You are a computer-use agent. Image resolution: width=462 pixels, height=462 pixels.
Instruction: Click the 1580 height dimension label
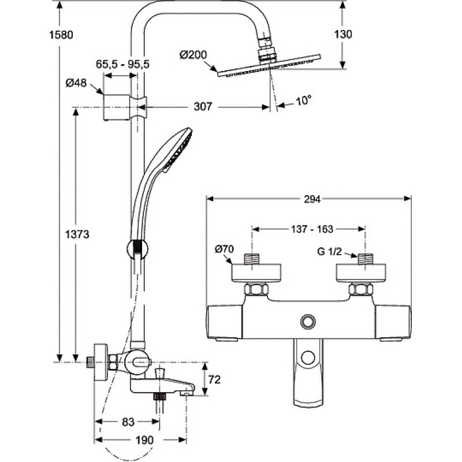(61, 35)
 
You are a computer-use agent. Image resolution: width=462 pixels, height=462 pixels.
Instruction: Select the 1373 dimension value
(77, 234)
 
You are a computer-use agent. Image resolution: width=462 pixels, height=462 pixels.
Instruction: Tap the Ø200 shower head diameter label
(193, 55)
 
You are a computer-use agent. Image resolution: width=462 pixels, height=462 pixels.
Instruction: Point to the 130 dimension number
(343, 34)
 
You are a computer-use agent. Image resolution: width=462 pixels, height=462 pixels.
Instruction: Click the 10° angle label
(303, 100)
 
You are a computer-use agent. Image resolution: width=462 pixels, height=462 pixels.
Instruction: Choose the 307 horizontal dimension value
(203, 106)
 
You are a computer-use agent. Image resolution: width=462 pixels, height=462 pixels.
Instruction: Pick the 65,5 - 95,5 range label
(122, 64)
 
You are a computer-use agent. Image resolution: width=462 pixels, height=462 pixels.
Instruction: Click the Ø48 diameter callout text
(76, 83)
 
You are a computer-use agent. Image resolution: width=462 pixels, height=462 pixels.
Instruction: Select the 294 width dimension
(312, 199)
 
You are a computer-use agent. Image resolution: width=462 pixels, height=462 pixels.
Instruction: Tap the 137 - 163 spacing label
(312, 229)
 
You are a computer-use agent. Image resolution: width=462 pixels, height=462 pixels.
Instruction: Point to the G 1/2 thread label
(329, 251)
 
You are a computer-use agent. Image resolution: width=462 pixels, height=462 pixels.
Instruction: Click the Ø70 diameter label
(224, 249)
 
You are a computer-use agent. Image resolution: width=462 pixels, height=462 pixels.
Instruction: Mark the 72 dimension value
(214, 380)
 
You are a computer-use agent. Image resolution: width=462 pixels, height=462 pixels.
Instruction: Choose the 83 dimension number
(128, 422)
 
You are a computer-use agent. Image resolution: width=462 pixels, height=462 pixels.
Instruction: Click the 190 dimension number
(144, 440)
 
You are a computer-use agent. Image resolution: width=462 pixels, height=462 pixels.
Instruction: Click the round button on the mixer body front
(308, 322)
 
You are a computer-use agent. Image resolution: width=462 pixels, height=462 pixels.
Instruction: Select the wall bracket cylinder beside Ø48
(117, 107)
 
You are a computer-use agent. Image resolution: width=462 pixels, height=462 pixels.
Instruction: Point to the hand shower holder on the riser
(137, 249)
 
